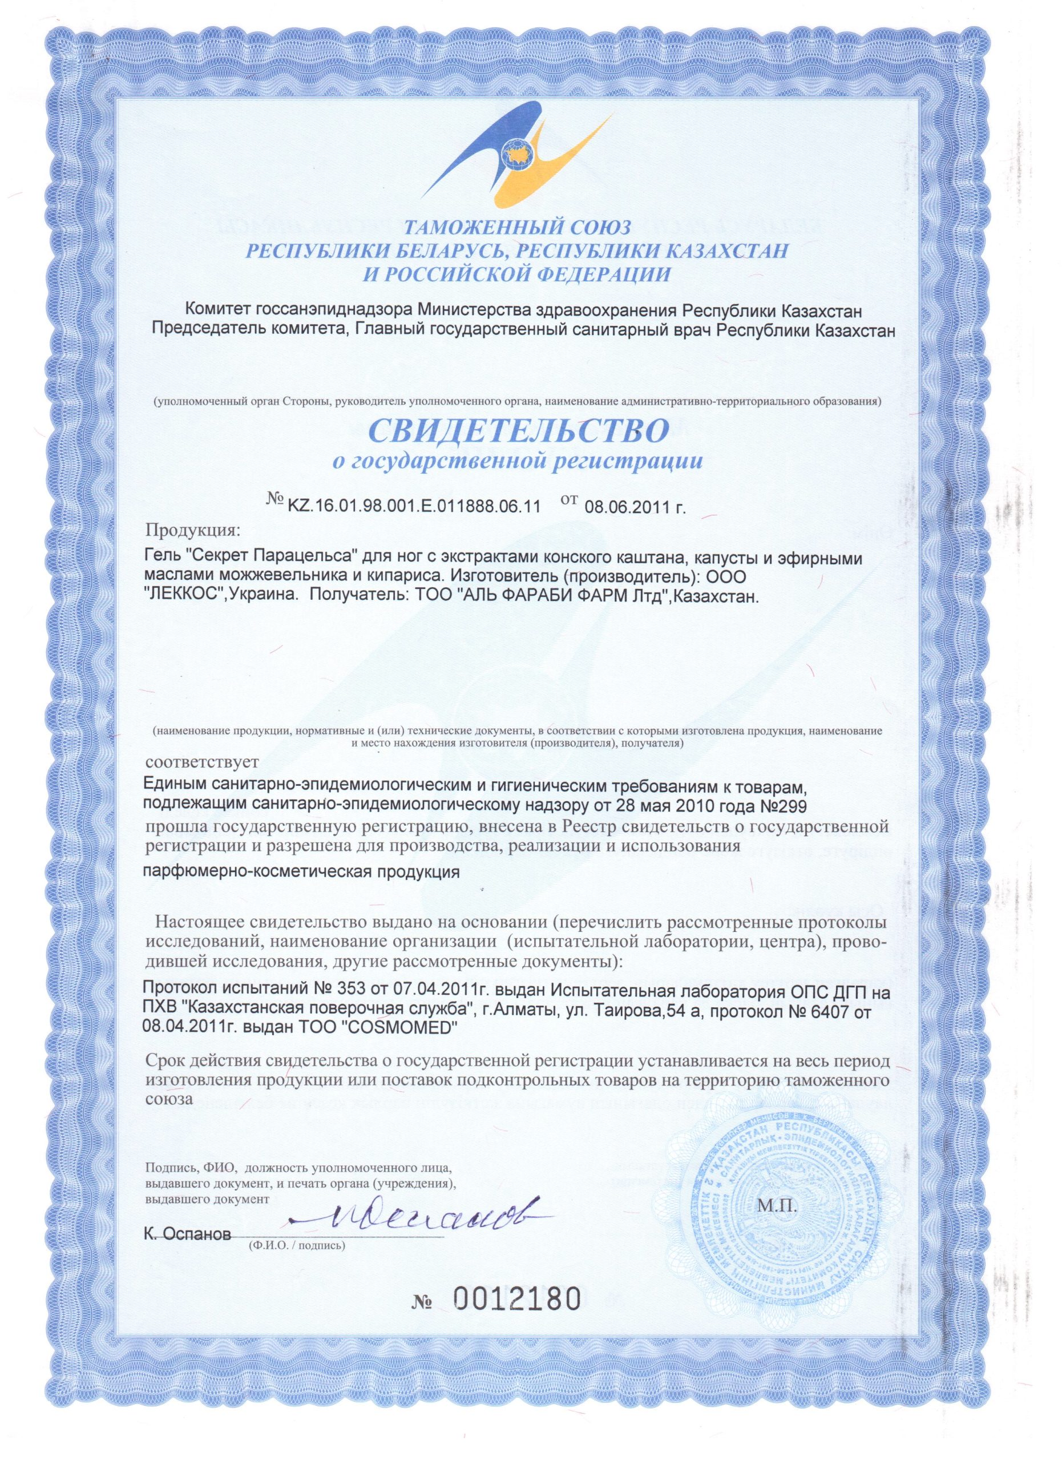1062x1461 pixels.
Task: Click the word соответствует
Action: pyautogui.click(x=203, y=762)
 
